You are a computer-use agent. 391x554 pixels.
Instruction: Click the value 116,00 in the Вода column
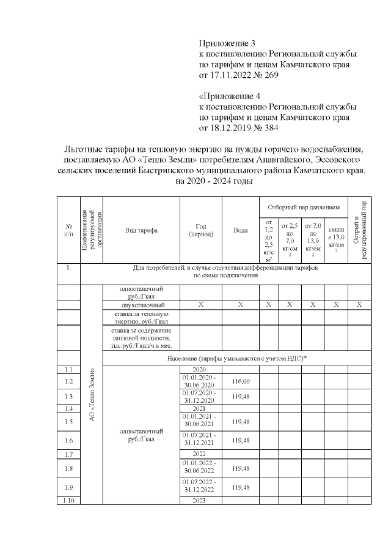click(x=240, y=381)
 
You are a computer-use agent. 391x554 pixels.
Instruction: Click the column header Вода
click(x=240, y=230)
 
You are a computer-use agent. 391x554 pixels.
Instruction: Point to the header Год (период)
click(x=200, y=230)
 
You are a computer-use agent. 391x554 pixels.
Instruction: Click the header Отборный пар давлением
click(x=303, y=206)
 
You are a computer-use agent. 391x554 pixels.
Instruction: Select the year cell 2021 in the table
click(x=200, y=408)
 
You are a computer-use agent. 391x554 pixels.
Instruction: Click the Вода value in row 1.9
click(x=240, y=487)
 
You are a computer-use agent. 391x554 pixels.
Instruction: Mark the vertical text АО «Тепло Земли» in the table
click(x=92, y=395)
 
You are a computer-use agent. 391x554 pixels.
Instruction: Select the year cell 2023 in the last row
click(x=200, y=500)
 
